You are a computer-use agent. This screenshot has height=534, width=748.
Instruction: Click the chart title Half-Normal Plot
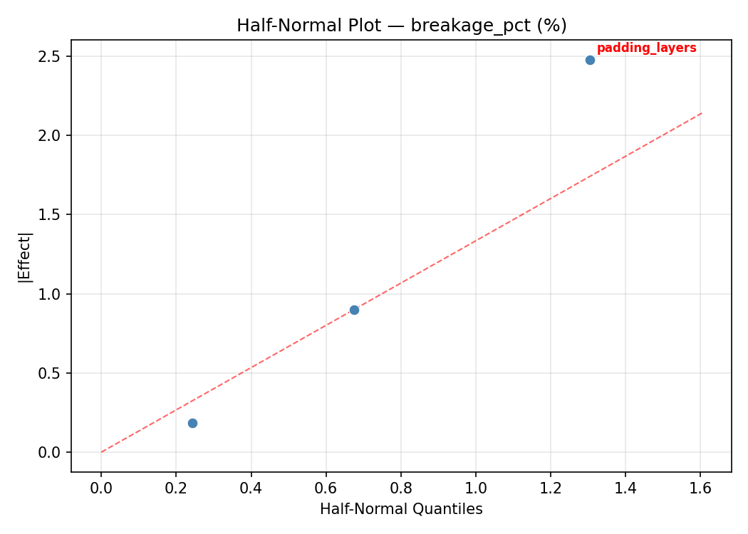(x=401, y=26)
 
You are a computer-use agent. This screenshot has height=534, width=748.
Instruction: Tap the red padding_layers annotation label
(x=646, y=48)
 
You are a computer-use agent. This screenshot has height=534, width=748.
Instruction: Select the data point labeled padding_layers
(x=590, y=60)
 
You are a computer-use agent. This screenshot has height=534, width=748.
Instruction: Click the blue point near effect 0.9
(x=354, y=310)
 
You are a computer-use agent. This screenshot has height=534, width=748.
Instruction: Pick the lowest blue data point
(x=192, y=423)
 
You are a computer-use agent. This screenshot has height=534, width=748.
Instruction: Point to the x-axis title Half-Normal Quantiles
(x=401, y=509)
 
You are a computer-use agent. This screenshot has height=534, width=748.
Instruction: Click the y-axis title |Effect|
(x=26, y=257)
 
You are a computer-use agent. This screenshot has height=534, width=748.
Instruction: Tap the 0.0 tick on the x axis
(x=101, y=488)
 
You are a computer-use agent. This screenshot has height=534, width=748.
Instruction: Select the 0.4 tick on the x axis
(x=251, y=488)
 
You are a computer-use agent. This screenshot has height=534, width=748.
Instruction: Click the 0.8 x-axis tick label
(x=400, y=488)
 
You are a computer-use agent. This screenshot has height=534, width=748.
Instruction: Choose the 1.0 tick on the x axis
(x=475, y=488)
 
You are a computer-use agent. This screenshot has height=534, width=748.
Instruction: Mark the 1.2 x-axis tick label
(x=550, y=488)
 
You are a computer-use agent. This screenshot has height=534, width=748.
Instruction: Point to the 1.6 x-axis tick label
(x=700, y=488)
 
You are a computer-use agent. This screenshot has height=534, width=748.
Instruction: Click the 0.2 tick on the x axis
(x=176, y=488)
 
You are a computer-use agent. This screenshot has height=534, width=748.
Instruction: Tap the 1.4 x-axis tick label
(x=625, y=488)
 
